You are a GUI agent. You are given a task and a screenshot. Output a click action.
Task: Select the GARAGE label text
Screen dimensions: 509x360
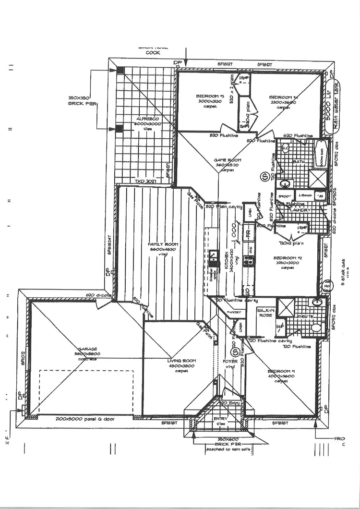point(88,349)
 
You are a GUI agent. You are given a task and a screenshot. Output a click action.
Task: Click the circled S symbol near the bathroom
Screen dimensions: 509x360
point(264,176)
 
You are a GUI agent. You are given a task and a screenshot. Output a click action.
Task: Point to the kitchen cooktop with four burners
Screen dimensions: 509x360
point(249,260)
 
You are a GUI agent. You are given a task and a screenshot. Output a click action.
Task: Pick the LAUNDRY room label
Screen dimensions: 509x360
point(300,210)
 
